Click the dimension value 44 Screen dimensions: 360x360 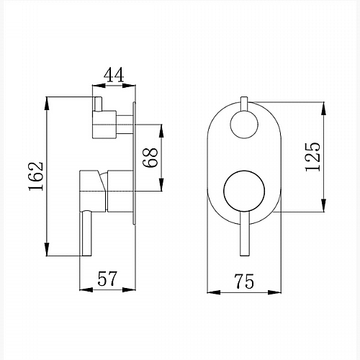(x=114, y=75)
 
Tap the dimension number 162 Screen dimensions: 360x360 (x=36, y=176)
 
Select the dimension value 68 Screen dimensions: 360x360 (x=150, y=158)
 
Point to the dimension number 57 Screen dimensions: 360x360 (x=107, y=279)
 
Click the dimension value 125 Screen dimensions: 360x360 (x=312, y=157)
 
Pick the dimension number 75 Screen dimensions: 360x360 (x=244, y=281)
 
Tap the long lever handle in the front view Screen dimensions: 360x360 (x=245, y=234)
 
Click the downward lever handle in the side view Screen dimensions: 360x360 (x=86, y=233)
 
